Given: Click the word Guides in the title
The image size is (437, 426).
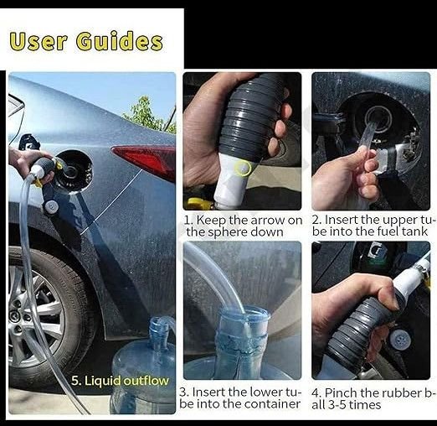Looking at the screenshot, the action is (120, 41).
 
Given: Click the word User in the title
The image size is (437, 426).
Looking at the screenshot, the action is (39, 41).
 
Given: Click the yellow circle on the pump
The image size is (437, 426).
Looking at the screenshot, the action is (243, 169).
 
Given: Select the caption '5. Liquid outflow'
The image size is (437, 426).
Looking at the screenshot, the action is (120, 381).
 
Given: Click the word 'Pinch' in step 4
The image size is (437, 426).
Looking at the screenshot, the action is (341, 392).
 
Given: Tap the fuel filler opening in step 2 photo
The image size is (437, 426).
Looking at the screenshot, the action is (378, 117).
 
